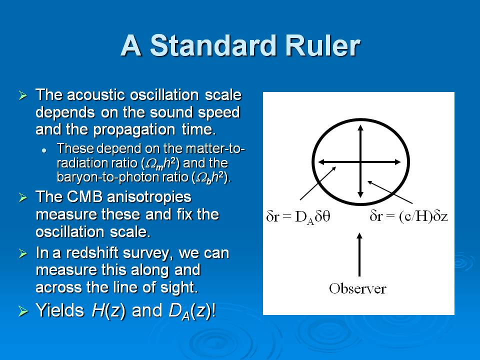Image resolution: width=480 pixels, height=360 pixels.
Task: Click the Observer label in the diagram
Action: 357,288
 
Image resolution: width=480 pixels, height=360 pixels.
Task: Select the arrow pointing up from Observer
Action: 359,254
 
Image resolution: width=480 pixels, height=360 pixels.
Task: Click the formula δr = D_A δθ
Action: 298,217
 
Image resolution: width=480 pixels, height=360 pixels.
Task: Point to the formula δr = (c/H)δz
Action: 408,216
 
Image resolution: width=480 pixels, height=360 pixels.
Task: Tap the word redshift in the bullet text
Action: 92,253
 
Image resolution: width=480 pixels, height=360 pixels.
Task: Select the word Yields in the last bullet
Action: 60,310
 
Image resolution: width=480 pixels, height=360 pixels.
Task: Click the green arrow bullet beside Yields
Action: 23,311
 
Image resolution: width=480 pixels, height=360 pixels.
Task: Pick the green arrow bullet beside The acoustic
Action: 23,95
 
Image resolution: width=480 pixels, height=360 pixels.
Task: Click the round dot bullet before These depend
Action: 44,150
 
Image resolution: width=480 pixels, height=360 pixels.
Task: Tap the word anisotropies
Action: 149,197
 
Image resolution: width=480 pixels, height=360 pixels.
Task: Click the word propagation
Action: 134,130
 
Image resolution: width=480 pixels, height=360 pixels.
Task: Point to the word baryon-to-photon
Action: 101,177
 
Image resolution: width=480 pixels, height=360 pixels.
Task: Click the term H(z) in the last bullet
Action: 108,310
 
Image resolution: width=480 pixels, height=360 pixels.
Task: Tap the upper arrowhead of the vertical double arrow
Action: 360,127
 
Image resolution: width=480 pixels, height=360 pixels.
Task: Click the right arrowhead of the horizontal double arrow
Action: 397,162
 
